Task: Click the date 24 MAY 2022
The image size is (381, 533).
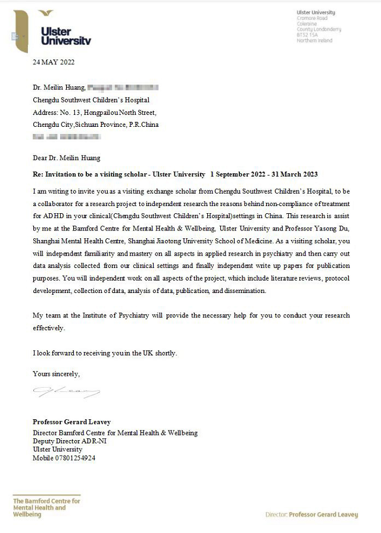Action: coord(54,62)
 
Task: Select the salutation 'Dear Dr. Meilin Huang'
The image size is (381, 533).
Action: coord(67,158)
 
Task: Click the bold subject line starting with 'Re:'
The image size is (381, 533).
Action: coord(175,174)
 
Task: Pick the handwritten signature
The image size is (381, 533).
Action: coord(66,391)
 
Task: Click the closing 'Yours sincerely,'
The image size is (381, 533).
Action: coord(56,373)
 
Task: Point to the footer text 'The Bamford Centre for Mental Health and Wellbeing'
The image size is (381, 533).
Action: coord(46,507)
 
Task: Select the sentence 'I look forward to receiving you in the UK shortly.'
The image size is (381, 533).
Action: coord(105,353)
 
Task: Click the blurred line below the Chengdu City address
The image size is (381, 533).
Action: coord(66,138)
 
